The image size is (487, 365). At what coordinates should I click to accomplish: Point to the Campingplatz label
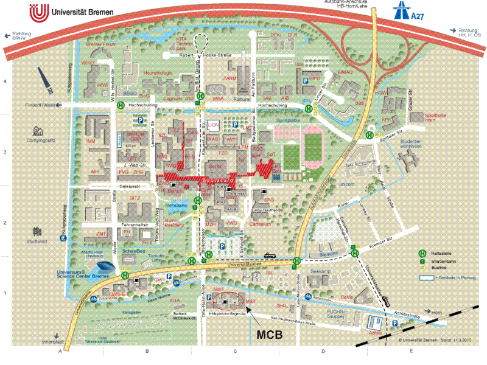41,140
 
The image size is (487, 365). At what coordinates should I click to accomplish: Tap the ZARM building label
230,79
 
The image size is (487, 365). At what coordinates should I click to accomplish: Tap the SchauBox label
134,251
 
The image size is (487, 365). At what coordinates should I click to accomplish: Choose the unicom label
347,183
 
